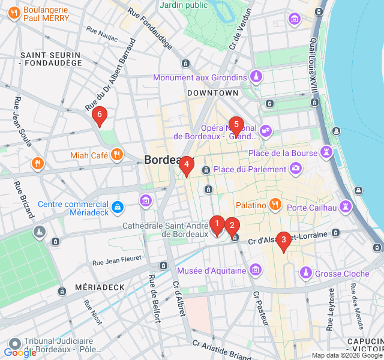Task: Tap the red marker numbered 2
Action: point(232,227)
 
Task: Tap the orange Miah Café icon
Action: point(117,155)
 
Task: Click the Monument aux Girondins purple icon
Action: point(256,77)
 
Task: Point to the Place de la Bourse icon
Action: point(326,152)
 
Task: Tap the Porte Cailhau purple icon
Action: point(346,207)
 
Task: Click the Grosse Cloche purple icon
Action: point(306,273)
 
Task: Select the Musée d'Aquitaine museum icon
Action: point(256,269)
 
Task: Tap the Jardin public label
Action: point(184,5)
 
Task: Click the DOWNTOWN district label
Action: point(213,93)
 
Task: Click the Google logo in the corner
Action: point(20,353)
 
